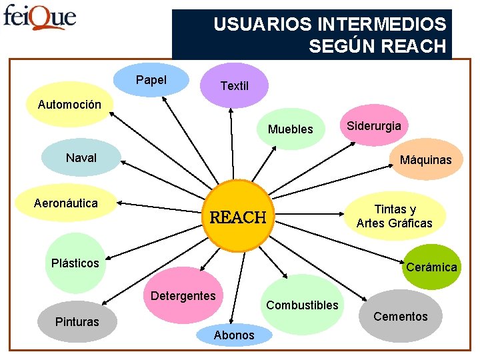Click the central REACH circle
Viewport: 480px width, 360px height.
[237, 216]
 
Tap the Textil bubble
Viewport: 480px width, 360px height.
[234, 85]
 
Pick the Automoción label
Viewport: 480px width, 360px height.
[69, 104]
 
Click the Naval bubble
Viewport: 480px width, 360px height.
[81, 158]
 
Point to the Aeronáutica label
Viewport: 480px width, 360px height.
[65, 203]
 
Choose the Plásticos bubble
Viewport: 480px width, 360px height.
[75, 263]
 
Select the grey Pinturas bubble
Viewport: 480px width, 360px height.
[77, 322]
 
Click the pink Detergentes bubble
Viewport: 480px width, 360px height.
[183, 295]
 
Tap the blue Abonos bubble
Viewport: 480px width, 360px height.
[233, 335]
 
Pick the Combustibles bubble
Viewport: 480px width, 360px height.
[302, 305]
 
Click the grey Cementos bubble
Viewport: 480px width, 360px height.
[400, 316]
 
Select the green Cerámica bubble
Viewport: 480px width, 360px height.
[431, 267]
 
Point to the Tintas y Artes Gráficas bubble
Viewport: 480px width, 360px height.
[394, 216]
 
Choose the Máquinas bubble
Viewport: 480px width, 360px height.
[425, 159]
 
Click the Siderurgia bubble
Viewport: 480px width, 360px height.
[374, 125]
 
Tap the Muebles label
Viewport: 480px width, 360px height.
[290, 129]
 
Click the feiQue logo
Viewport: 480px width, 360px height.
[39, 17]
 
